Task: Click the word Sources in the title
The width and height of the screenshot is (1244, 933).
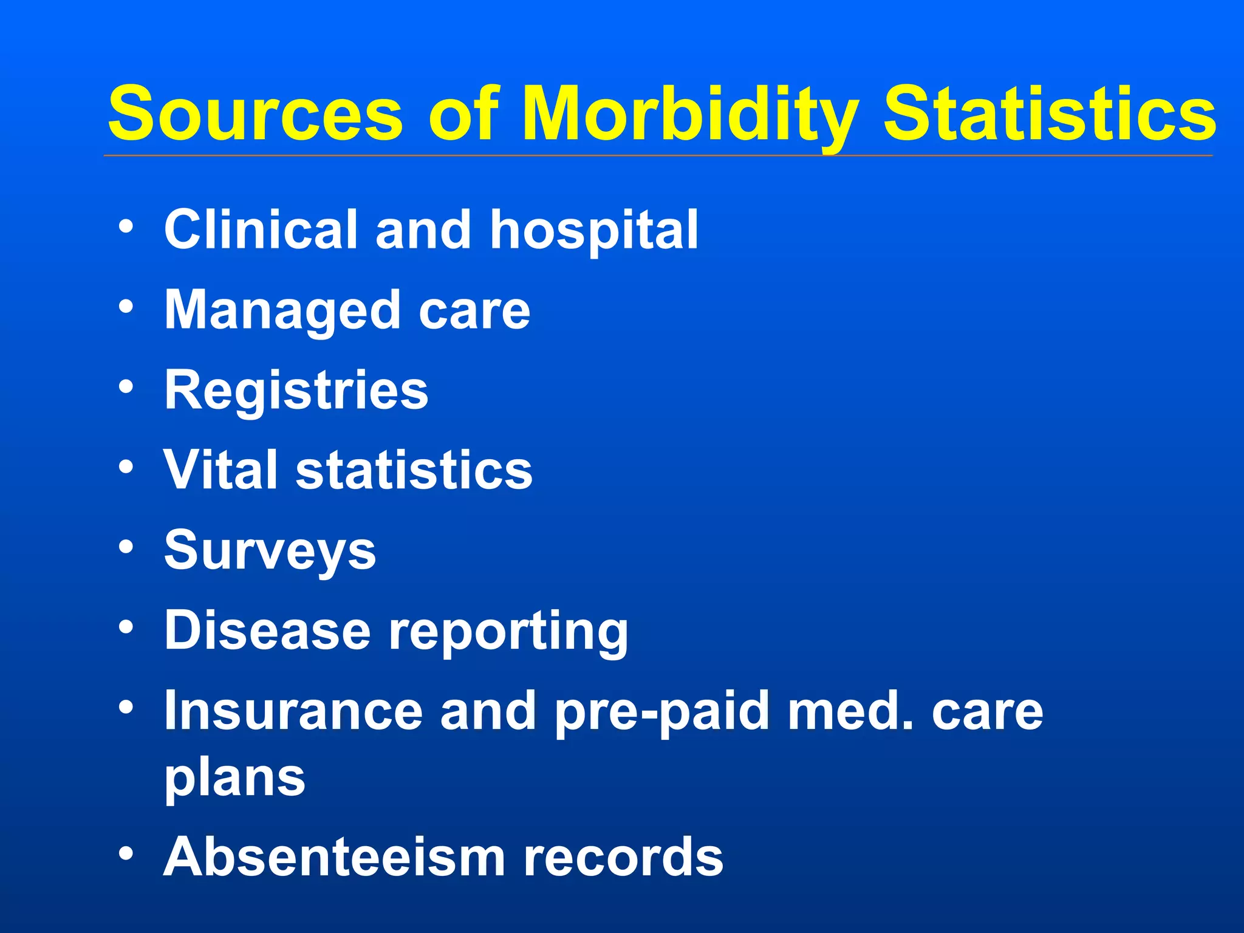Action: (255, 114)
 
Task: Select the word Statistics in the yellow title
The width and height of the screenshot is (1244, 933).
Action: (1049, 114)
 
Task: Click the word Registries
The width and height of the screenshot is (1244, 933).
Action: (296, 391)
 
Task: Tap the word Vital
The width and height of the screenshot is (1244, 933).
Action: (220, 470)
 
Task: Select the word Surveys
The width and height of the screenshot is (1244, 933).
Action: (270, 551)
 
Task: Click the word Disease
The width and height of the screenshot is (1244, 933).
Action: (267, 630)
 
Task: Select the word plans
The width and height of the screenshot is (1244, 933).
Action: (234, 779)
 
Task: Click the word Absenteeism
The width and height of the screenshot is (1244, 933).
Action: (334, 856)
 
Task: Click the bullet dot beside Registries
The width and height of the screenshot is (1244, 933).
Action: (126, 387)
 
